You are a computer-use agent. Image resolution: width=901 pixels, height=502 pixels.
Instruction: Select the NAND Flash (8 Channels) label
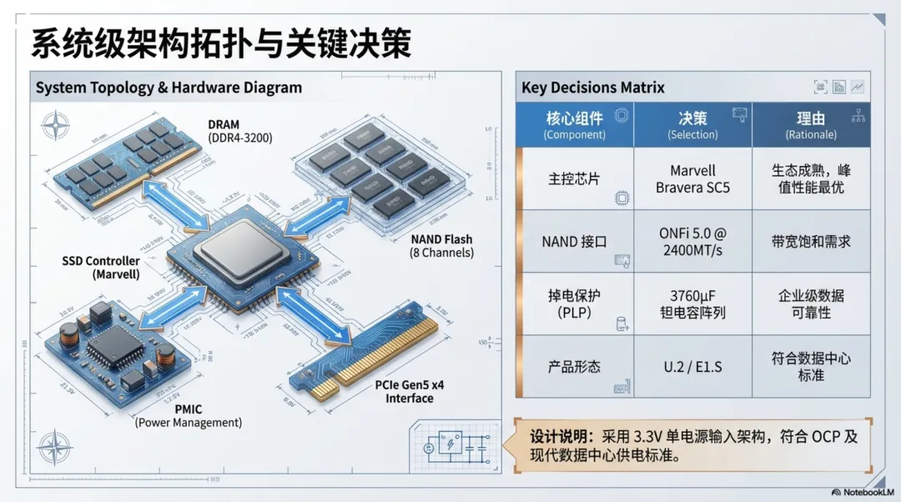click(x=441, y=246)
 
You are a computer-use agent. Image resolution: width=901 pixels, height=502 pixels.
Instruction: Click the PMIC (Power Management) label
click(x=189, y=415)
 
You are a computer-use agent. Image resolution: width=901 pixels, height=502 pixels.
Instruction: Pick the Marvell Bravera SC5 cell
click(x=692, y=179)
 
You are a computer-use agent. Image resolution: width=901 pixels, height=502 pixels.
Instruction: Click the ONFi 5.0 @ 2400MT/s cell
click(x=692, y=242)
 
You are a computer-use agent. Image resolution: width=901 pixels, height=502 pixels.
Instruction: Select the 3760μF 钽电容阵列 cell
click(x=692, y=304)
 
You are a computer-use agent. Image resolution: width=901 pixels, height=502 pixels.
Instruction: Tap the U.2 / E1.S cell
click(x=692, y=367)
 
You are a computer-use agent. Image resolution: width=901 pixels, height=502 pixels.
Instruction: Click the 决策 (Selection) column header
click(x=692, y=125)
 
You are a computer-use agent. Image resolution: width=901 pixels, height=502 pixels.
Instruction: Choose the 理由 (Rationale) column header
click(x=811, y=125)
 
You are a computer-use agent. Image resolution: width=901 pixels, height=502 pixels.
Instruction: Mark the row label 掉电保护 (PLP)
click(x=575, y=304)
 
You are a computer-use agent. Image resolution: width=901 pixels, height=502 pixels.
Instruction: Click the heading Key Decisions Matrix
click(x=593, y=88)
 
